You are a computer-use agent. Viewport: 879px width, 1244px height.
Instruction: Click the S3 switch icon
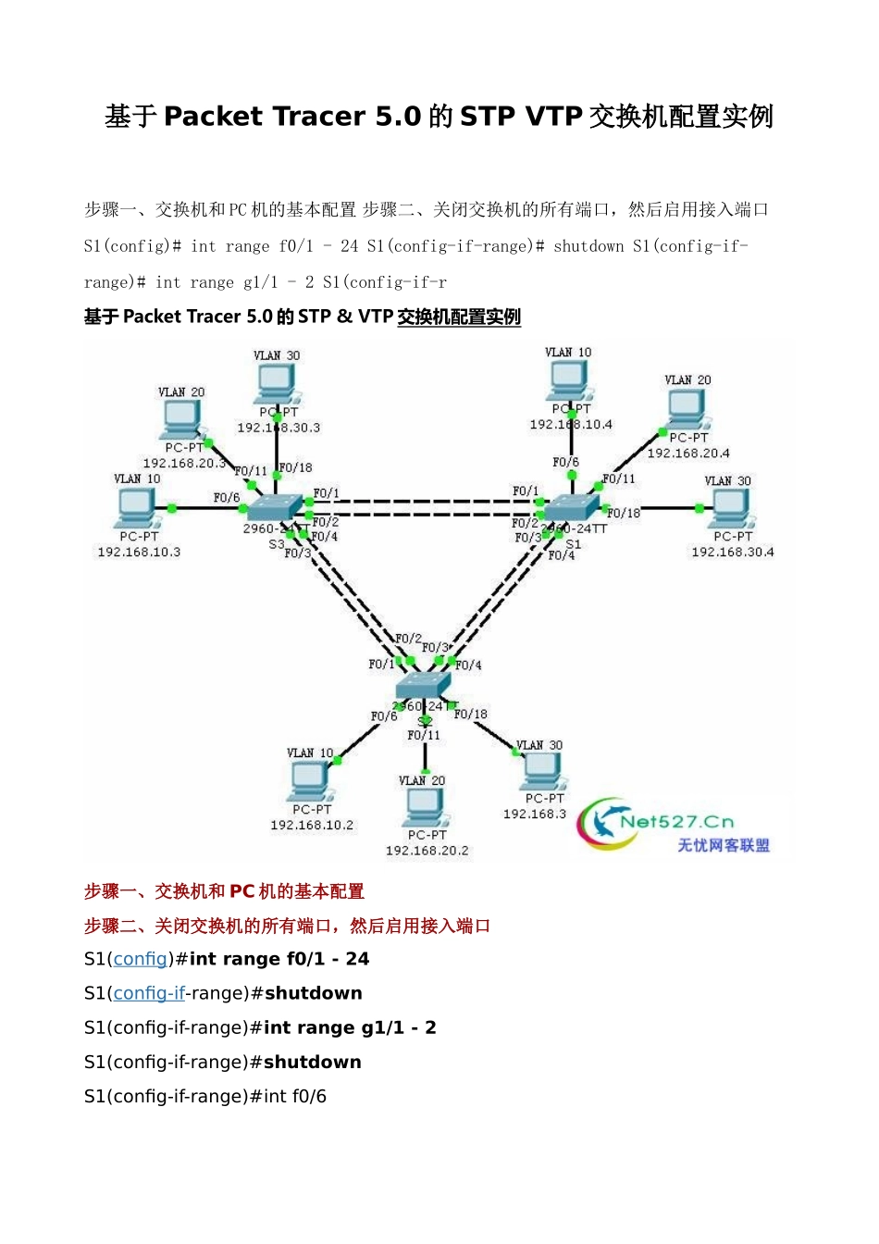(x=274, y=507)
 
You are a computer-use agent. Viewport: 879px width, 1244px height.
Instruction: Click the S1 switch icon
(x=572, y=506)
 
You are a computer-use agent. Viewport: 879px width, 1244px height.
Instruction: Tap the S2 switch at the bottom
(x=422, y=686)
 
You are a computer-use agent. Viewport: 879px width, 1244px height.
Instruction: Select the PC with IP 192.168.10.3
(x=137, y=507)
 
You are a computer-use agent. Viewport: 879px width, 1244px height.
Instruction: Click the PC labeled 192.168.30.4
(x=731, y=506)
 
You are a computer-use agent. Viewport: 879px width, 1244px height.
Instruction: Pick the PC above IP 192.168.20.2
(x=425, y=807)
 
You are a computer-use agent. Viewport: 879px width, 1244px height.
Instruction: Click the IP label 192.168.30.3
(x=279, y=428)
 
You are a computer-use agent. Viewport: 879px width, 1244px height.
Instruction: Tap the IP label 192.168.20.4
(x=688, y=454)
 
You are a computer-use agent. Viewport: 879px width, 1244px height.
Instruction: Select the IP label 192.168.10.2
(x=312, y=825)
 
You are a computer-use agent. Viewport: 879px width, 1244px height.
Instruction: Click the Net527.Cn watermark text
(x=677, y=822)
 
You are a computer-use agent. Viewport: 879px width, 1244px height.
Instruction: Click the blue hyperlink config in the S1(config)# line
(x=141, y=959)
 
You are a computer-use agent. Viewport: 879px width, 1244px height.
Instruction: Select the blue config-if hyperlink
(x=149, y=993)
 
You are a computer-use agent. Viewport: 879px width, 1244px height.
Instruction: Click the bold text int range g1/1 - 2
(x=350, y=1027)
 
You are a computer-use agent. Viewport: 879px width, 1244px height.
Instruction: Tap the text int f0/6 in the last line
(x=295, y=1096)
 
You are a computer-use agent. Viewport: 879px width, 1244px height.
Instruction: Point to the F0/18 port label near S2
(x=470, y=715)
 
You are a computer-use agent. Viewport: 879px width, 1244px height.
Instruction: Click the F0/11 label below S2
(x=424, y=735)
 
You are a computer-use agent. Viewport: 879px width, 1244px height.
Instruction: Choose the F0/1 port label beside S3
(x=326, y=493)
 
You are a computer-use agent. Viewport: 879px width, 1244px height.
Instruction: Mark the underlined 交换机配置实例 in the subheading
(x=459, y=317)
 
